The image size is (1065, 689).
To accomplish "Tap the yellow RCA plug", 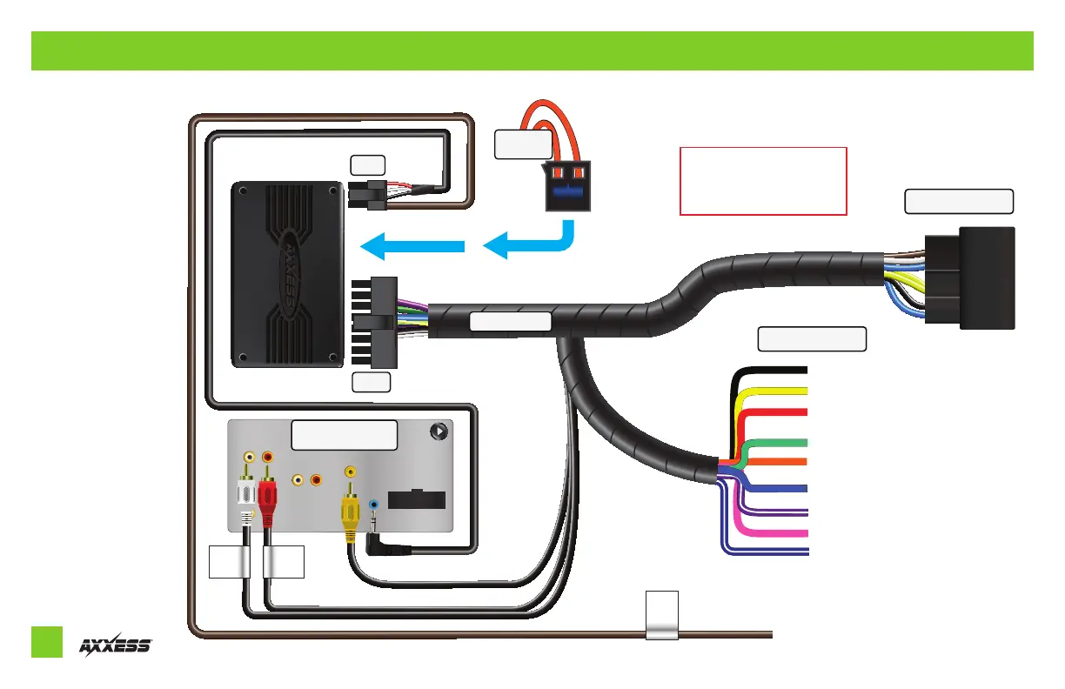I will (x=350, y=510).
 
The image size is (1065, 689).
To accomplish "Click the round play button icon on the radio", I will (x=439, y=430).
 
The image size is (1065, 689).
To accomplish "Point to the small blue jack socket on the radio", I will (x=374, y=504).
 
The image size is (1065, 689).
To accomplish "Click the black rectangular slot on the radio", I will (x=417, y=500).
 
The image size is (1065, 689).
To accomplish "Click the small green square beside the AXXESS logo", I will (x=47, y=641).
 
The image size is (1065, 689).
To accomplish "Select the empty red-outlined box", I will (x=763, y=181).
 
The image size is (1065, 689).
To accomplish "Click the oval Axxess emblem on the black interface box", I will (x=286, y=274).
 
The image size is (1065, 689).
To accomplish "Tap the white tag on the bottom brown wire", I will (x=661, y=616).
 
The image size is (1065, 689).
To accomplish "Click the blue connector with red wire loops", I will (x=566, y=187).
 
